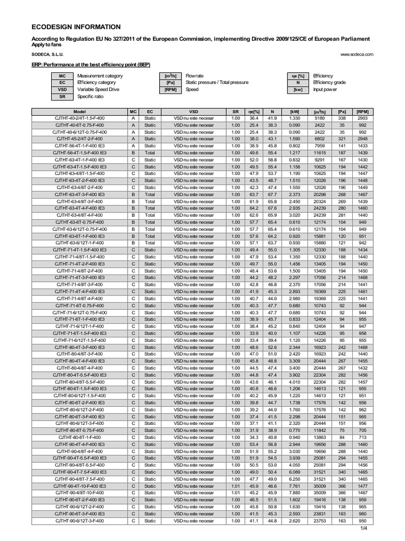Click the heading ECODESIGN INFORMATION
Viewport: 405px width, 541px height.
(77, 27)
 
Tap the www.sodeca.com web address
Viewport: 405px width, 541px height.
(357, 54)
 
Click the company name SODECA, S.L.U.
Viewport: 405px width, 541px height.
(48, 54)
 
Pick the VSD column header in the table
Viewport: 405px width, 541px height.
(194, 112)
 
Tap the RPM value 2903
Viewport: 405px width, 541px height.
(362, 119)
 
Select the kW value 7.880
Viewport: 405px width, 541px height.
(294, 493)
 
